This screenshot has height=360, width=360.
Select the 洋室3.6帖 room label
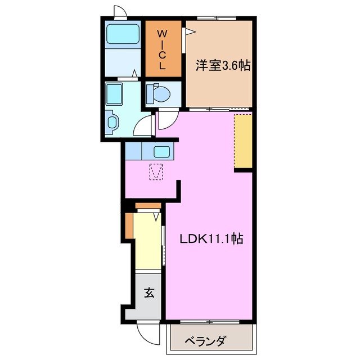(223, 66)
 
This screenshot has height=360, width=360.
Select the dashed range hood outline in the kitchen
(156, 172)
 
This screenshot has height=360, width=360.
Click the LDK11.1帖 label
(211, 239)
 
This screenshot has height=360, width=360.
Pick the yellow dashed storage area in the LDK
(244, 141)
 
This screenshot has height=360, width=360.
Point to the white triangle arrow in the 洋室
(191, 33)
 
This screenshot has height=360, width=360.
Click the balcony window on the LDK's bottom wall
(208, 321)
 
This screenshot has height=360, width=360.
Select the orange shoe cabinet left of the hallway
(129, 226)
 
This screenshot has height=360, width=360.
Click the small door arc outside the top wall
(120, 11)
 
